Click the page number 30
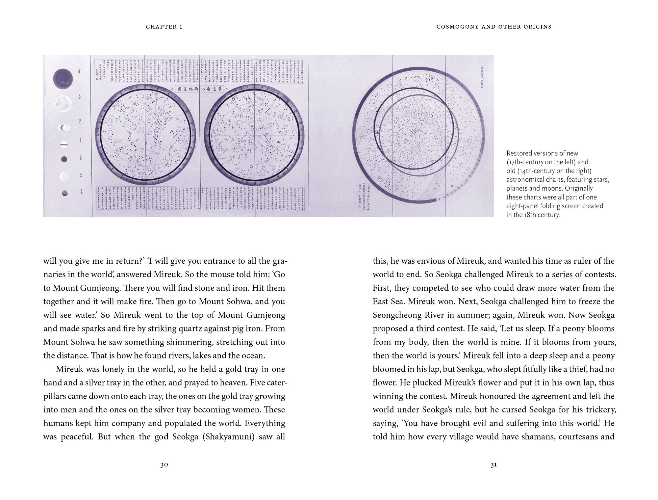click(164, 465)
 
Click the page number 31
click(493, 465)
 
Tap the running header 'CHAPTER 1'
click(164, 27)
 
